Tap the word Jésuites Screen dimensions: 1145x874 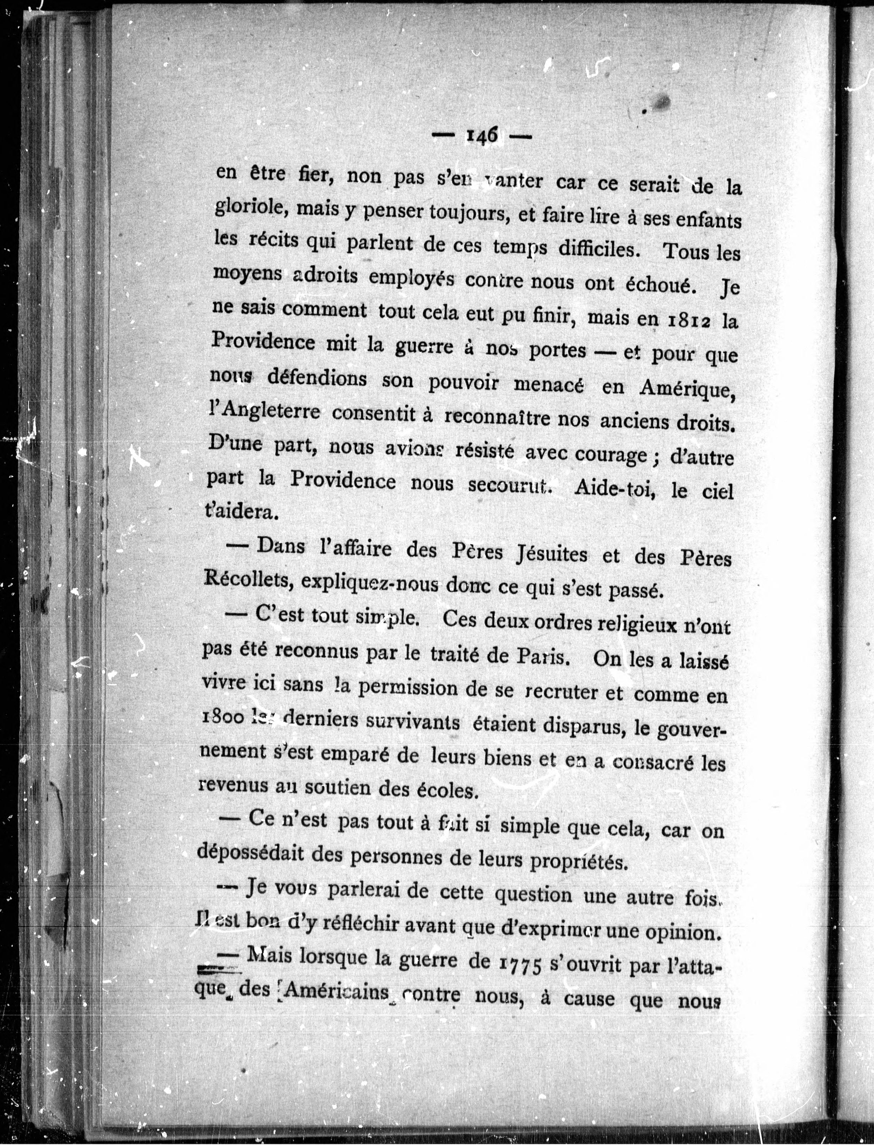point(550,554)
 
